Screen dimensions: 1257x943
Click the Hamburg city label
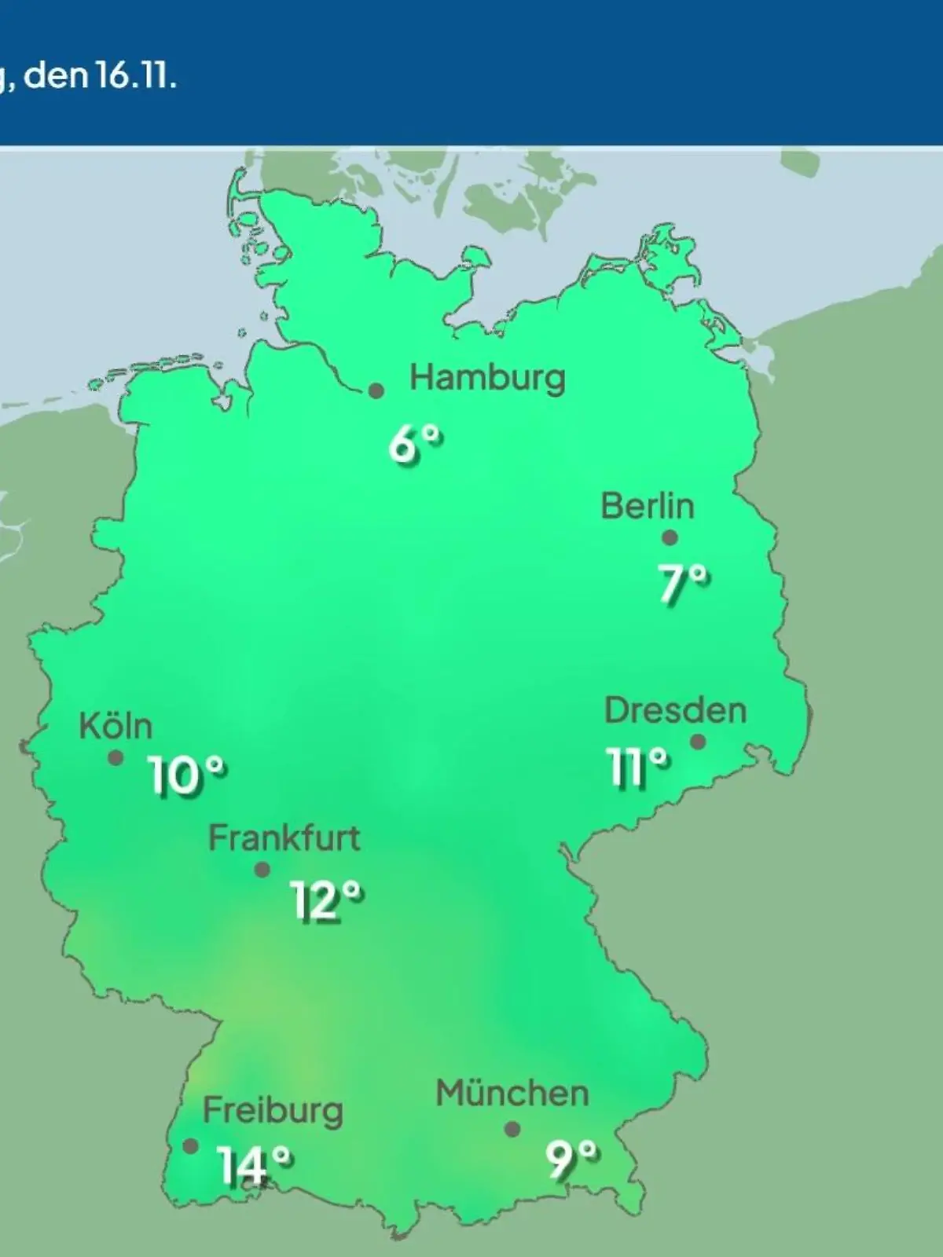487,379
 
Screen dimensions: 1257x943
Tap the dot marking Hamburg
376,390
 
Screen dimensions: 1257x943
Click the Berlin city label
648,506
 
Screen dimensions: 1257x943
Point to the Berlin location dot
670,538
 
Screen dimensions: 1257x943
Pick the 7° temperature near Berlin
684,584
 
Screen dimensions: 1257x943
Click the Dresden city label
675,711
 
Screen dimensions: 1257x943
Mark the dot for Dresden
698,742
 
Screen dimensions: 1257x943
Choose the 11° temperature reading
637,767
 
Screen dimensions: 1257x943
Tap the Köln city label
116,727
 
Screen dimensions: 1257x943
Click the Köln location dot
116,758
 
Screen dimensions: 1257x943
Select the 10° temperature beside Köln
187,776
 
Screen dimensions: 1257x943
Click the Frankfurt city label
284,838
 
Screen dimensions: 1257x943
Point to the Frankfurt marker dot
262,870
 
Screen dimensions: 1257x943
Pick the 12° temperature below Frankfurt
327,900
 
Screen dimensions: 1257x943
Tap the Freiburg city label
273,1111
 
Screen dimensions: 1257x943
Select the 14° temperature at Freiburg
255,1165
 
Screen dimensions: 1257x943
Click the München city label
512,1094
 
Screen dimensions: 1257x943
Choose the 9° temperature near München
571,1160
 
